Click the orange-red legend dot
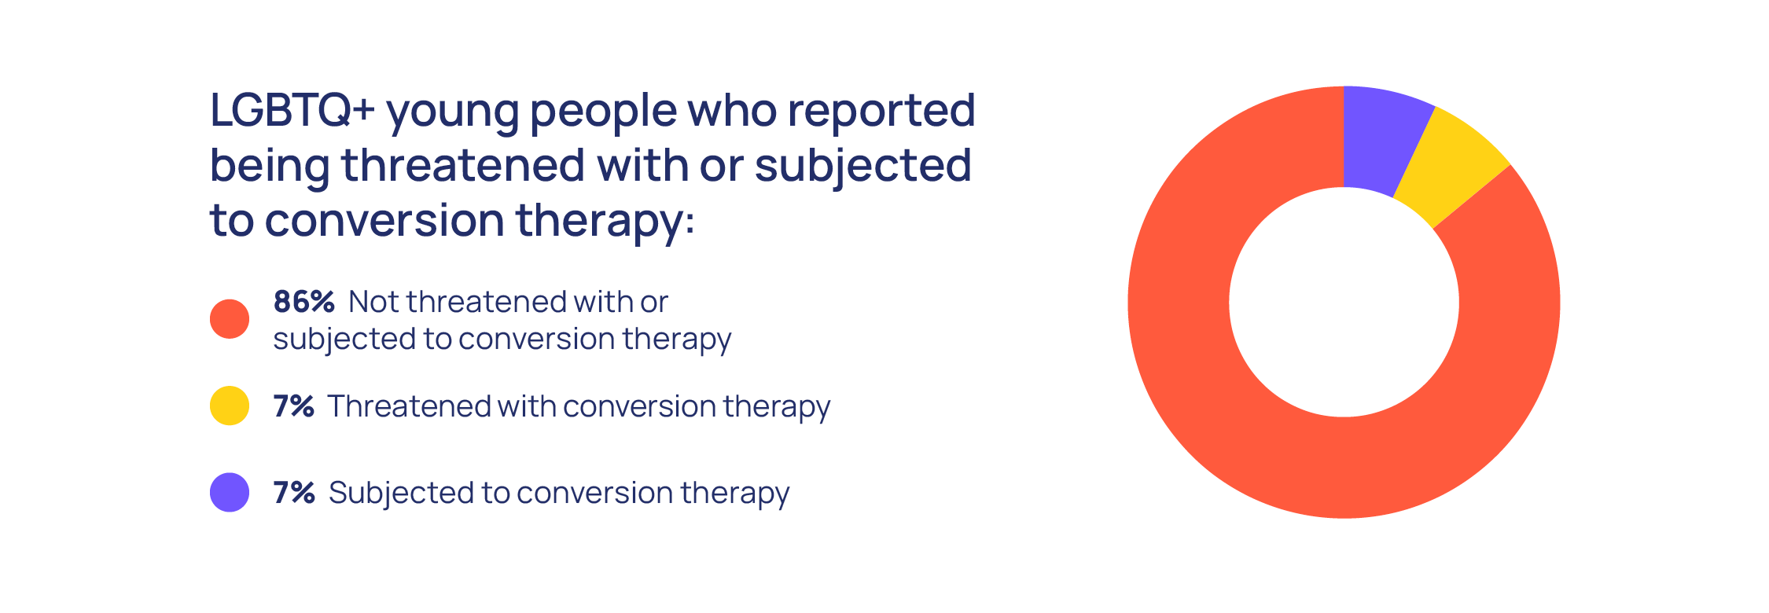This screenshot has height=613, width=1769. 230,319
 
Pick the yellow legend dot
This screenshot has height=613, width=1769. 230,406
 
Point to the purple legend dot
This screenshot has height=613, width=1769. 230,492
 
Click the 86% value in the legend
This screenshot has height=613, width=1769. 304,302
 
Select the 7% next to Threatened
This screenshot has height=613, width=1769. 294,406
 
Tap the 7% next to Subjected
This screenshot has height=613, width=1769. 294,493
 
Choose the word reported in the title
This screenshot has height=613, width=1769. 881,112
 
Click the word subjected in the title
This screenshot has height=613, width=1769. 863,167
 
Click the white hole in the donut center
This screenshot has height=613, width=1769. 1344,303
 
